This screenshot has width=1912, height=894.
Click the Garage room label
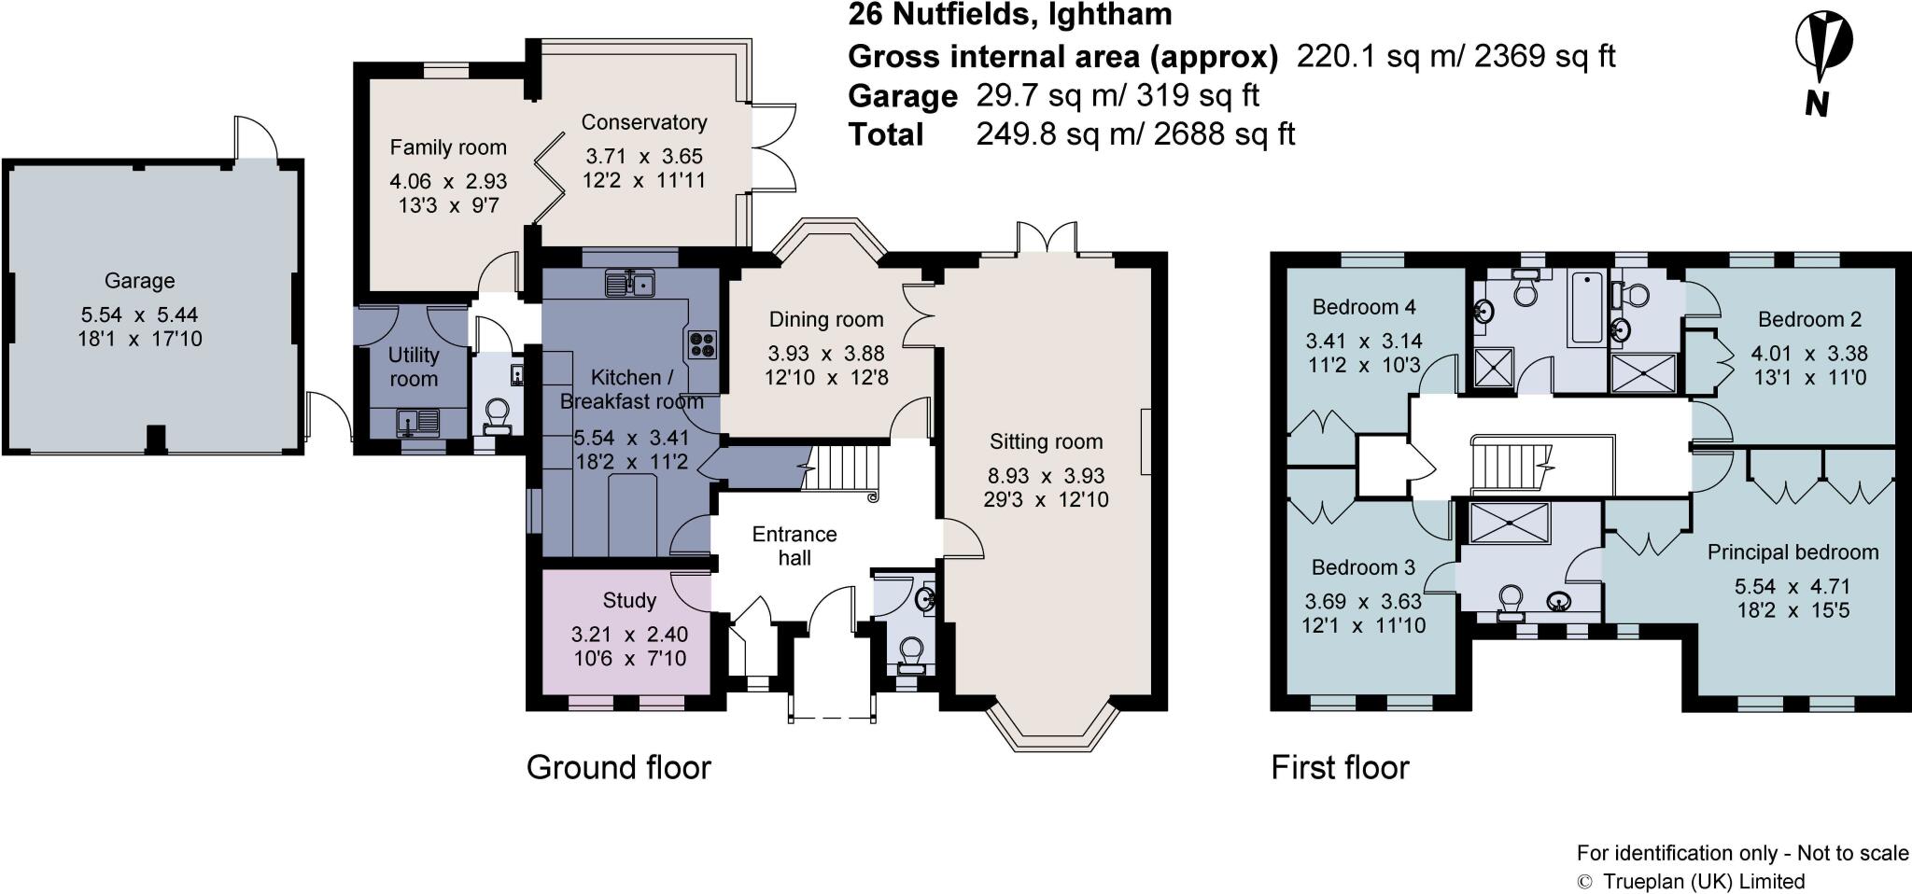(139, 281)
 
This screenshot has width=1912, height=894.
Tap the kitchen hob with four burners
(702, 345)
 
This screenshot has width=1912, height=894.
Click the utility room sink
(417, 423)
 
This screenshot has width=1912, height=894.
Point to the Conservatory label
(643, 122)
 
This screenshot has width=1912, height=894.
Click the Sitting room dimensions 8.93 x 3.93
(1046, 476)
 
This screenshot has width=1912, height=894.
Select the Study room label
(629, 600)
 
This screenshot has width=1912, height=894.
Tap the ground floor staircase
(843, 468)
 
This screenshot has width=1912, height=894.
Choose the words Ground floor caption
(618, 767)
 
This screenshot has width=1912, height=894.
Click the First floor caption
(1340, 767)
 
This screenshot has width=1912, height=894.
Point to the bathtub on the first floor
(1587, 308)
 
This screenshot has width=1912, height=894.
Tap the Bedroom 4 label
(1363, 307)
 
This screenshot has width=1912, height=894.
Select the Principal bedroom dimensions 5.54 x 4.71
(1792, 587)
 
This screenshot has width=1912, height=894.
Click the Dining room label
(825, 320)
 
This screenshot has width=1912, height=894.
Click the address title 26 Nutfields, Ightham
(1009, 15)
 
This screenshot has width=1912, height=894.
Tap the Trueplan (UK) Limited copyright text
(1691, 881)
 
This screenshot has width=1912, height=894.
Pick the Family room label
(447, 147)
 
